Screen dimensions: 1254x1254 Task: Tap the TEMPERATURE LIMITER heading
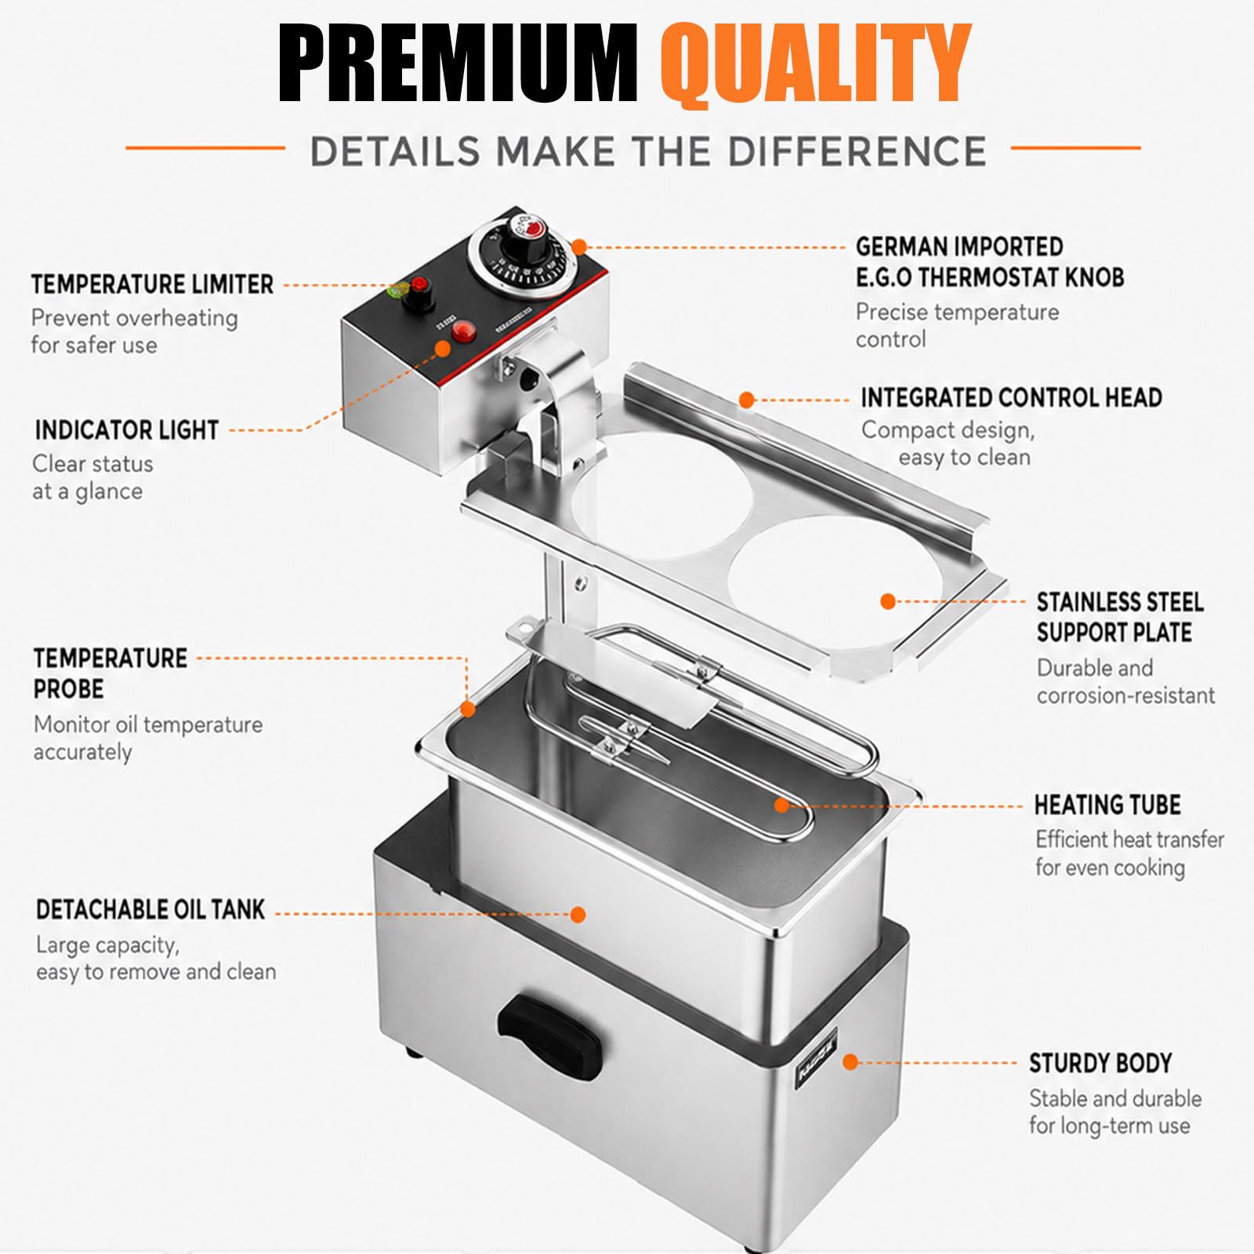pos(153,284)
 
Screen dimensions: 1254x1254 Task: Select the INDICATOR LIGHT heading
pos(127,430)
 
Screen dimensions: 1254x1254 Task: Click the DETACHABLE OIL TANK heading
pos(150,909)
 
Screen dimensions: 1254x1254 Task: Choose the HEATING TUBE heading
pos(1107,805)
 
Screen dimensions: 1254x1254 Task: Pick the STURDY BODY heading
pos(1100,1064)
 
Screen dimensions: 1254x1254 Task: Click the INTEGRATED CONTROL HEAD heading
pos(1011,397)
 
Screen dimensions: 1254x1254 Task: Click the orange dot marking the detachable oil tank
pos(578,914)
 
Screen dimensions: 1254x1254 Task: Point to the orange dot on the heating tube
pos(781,805)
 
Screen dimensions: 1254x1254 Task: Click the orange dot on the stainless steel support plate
pos(888,601)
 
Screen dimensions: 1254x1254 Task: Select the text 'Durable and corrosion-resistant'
pos(1125,681)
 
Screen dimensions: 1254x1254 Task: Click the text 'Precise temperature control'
pos(957,325)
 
